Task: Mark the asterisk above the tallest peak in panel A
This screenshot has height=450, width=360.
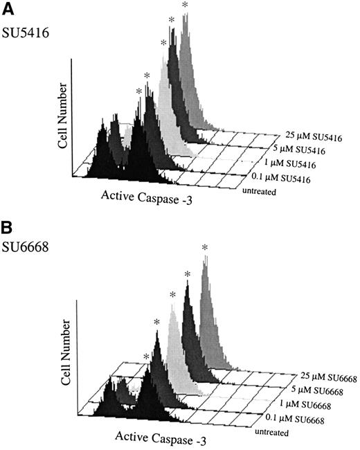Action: [185, 6]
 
